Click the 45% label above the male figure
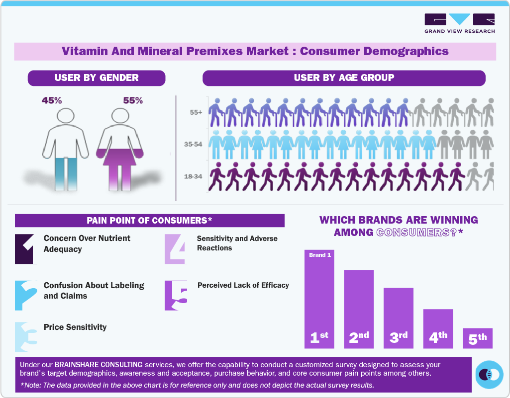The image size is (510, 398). point(52,100)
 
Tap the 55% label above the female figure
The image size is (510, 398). point(133,100)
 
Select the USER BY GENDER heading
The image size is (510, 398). point(97,78)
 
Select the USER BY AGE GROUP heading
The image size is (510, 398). point(344,78)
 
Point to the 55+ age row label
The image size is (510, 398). point(196,112)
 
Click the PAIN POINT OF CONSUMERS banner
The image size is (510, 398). point(149,221)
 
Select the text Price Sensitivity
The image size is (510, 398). point(75,327)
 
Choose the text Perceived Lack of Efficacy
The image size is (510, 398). point(243,285)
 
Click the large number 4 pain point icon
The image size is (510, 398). point(176,248)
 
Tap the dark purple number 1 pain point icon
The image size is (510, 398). point(26,248)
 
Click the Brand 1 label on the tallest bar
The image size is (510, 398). point(319,255)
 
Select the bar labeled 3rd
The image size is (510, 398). point(398,318)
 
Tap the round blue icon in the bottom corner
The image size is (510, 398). point(490,375)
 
